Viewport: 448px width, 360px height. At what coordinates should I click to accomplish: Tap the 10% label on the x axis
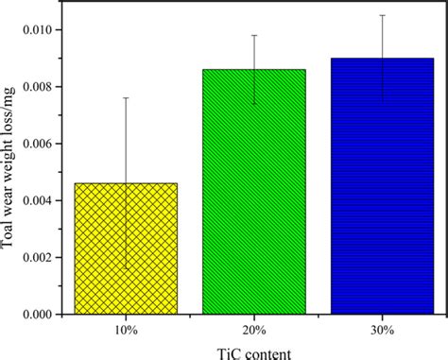click(x=127, y=328)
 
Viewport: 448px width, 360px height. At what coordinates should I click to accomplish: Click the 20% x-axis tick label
click(x=254, y=328)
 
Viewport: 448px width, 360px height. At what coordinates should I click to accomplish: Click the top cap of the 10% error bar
click(x=127, y=98)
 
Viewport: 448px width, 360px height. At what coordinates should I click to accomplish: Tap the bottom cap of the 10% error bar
click(x=127, y=268)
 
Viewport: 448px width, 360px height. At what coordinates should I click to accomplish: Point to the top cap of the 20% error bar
click(x=254, y=35)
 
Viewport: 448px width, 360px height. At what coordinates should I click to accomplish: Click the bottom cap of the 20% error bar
click(x=254, y=104)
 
